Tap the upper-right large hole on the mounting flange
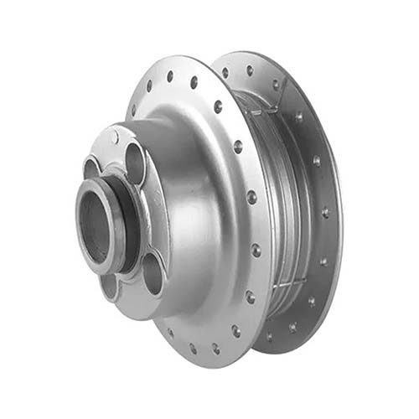point(134,163)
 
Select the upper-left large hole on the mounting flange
point(91,167)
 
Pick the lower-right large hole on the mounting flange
point(152,272)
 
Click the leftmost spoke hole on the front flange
point(132,109)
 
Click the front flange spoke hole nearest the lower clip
point(250,297)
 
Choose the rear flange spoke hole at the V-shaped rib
point(276,85)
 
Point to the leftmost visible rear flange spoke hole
point(225,73)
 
